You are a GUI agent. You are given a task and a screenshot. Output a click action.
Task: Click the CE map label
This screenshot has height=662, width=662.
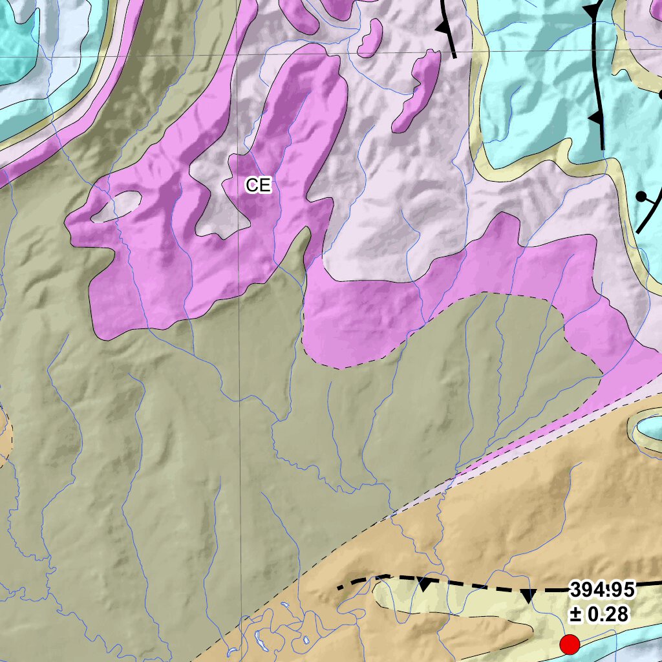258,186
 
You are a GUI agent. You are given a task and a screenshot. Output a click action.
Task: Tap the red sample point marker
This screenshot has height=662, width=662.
569,644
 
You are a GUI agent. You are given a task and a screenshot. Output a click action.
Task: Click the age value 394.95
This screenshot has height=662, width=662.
602,590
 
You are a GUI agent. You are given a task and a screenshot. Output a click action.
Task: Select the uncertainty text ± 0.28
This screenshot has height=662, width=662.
599,614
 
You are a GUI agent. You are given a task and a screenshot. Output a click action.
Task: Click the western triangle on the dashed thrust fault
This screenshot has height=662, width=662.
425,585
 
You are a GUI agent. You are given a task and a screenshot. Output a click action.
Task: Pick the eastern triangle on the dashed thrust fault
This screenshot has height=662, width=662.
528,596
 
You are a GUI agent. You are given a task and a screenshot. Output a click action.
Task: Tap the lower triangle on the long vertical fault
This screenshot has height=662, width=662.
593,118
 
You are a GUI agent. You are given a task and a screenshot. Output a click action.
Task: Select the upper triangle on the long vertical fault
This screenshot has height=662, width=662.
590,11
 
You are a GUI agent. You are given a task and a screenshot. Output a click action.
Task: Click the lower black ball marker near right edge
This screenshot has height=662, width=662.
641,196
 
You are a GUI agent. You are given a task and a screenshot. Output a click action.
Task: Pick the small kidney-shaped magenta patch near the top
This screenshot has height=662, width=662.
370,38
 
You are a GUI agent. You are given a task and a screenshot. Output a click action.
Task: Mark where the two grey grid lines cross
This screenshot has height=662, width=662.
237,54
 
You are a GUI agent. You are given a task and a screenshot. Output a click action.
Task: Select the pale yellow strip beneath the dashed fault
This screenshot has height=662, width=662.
453,604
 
